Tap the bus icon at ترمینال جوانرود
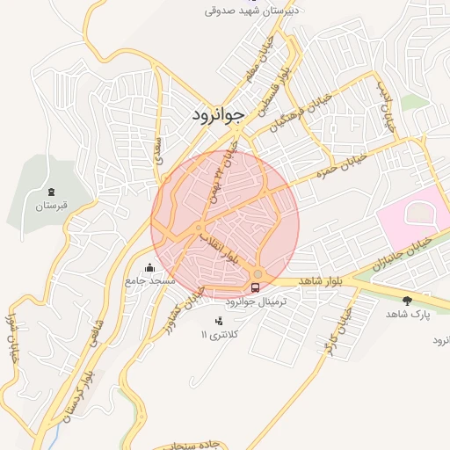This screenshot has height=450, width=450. click(x=256, y=287)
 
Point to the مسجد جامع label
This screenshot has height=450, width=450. click(x=150, y=280)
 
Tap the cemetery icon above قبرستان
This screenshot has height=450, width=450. click(x=51, y=192)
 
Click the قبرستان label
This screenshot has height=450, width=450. click(x=51, y=207)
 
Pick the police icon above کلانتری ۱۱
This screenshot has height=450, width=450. click(x=219, y=320)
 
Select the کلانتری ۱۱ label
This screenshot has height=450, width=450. click(x=219, y=335)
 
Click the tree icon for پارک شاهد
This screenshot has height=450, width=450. click(x=406, y=300)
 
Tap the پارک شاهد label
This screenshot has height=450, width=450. click(x=407, y=314)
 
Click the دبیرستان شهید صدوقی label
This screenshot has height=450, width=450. click(x=252, y=11)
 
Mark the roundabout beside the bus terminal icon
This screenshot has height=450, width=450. click(x=257, y=272)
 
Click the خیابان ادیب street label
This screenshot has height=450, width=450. click(x=388, y=110)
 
